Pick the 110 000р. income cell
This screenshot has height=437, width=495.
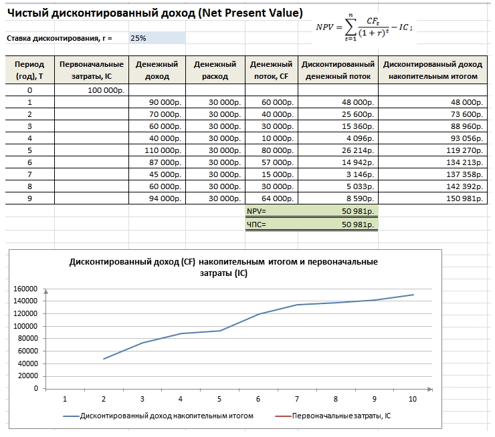pyautogui.click(x=165, y=150)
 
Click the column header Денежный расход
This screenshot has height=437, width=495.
pyautogui.click(x=215, y=70)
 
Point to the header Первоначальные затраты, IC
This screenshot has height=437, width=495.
pyautogui.click(x=92, y=70)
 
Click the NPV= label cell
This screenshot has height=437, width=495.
pyautogui.click(x=257, y=211)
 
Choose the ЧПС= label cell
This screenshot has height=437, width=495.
pyautogui.click(x=257, y=225)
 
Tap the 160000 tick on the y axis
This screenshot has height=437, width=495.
pyautogui.click(x=25, y=289)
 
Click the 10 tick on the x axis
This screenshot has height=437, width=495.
pyautogui.click(x=413, y=399)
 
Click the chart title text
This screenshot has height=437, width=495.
pyautogui.click(x=223, y=267)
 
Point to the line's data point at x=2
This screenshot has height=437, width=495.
pyautogui.click(x=104, y=359)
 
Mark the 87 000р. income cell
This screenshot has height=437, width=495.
pyautogui.click(x=165, y=162)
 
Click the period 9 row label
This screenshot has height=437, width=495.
pyautogui.click(x=29, y=198)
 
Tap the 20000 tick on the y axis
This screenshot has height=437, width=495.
pyautogui.click(x=27, y=376)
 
